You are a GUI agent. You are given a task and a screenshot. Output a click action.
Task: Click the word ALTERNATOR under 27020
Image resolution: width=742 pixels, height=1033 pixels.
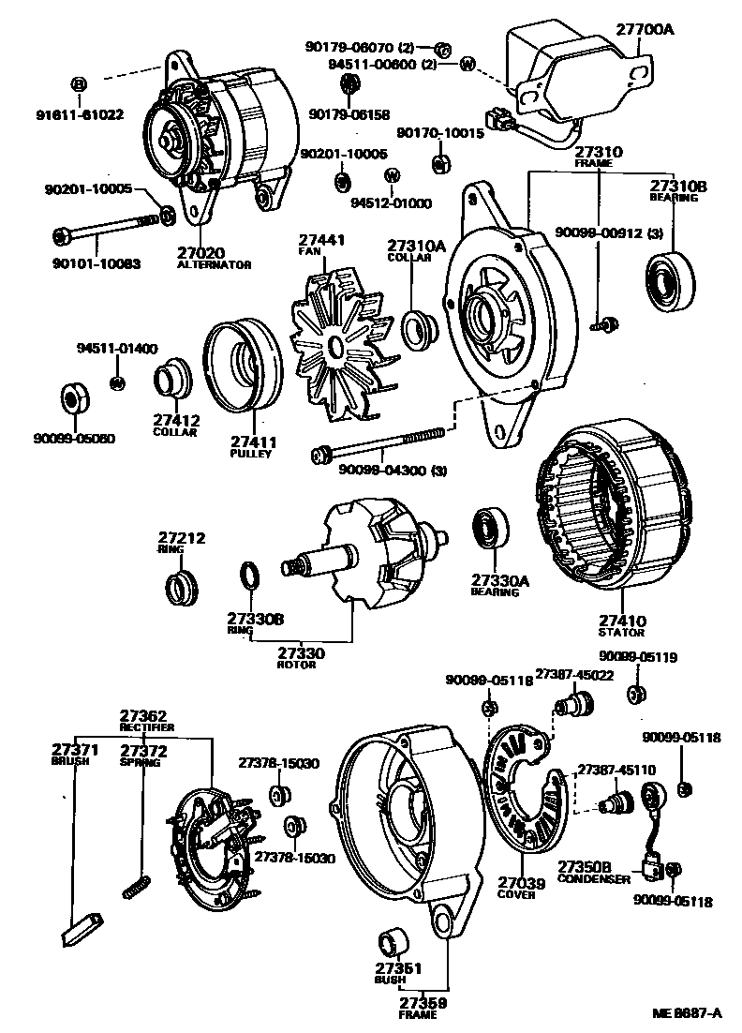pyautogui.click(x=214, y=265)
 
